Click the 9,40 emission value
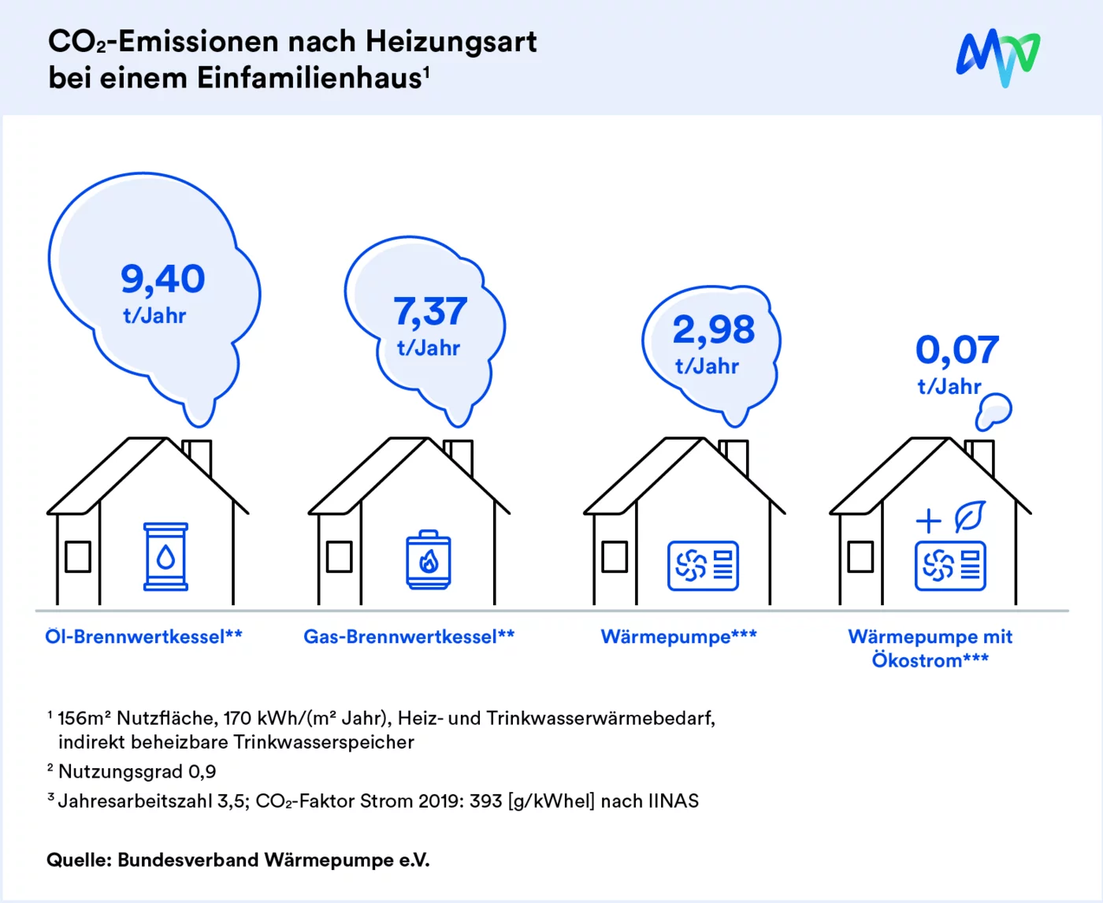(163, 279)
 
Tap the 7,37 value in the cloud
(430, 311)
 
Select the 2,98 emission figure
(714, 329)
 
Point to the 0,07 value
(957, 350)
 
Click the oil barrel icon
(165, 556)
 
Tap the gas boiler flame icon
(429, 559)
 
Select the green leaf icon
(969, 517)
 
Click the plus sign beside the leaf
(929, 520)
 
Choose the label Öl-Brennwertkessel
(143, 636)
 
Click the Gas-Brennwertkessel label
(409, 636)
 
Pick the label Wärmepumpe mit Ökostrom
(930, 648)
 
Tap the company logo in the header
(997, 57)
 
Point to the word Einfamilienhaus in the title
(309, 78)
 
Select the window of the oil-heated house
(77, 556)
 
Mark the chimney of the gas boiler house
(459, 455)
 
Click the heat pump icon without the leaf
(703, 566)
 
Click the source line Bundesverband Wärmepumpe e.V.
(273, 860)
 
